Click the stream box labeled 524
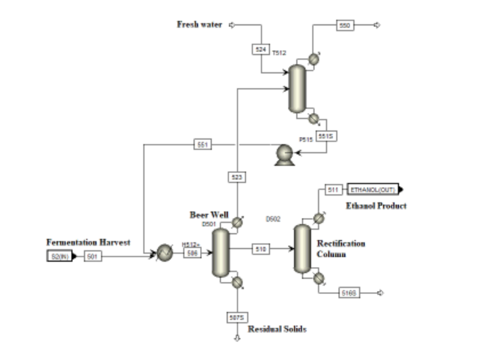pos(260,49)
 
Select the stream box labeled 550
pos(345,25)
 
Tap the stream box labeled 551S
pos(325,136)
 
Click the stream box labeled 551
pos(202,145)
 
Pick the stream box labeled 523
pos(237,177)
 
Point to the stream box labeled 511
pos(333,189)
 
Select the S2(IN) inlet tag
pos(61,256)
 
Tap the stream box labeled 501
pos(92,256)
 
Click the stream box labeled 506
pos(192,252)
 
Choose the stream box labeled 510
pos(260,249)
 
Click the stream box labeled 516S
pos(349,293)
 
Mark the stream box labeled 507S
pos(237,317)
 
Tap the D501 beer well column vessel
pos(221,252)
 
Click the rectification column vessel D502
pos(302,249)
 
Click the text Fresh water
pos(199,25)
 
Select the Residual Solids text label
pos(277,329)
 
